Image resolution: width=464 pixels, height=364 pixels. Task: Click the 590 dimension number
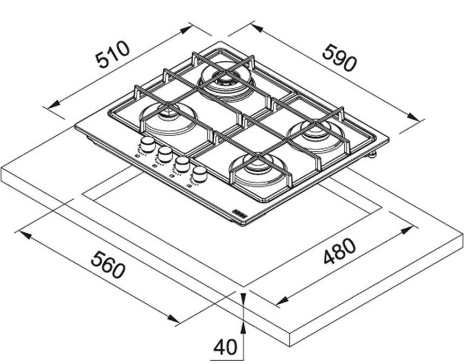tap(340, 58)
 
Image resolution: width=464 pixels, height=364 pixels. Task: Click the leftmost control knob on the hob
tap(146, 144)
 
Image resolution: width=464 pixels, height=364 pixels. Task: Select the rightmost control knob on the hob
tap(201, 174)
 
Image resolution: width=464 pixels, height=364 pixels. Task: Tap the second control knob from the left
tap(163, 153)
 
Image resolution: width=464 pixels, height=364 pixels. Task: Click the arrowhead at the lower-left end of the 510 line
tap(51, 107)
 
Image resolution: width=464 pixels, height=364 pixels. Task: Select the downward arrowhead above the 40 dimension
tap(244, 297)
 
